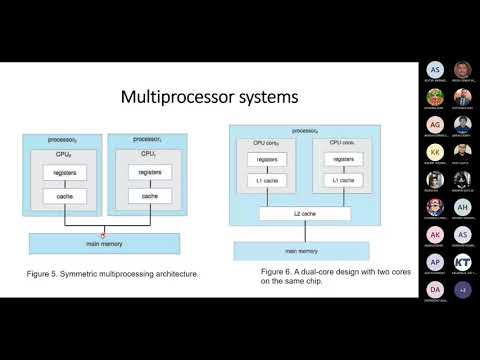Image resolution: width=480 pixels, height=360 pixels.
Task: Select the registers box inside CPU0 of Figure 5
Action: point(67,173)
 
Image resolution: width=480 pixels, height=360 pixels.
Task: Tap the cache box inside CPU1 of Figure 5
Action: point(150,195)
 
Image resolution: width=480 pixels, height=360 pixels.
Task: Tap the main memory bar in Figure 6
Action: point(291,250)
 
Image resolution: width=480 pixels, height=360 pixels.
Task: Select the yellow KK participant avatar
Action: point(434,152)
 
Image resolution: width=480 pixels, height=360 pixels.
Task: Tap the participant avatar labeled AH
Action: point(462,207)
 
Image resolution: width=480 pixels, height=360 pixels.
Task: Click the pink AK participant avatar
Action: point(434,234)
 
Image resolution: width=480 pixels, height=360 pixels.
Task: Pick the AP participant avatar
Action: point(434,262)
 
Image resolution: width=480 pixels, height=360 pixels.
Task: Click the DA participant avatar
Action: point(434,290)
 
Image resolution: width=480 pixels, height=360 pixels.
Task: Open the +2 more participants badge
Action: point(462,290)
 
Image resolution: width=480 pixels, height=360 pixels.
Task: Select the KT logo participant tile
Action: point(462,262)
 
